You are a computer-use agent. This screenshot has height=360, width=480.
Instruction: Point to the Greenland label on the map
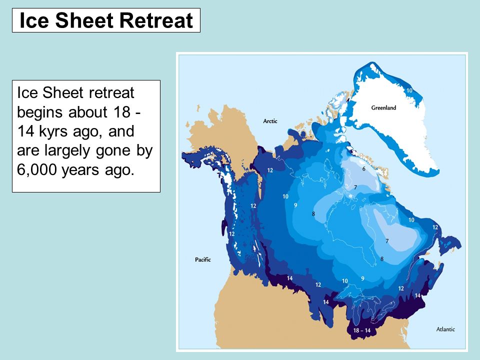(383, 107)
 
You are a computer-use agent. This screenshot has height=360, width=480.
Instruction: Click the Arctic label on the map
(270, 121)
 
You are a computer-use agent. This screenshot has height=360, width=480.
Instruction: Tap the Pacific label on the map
(202, 259)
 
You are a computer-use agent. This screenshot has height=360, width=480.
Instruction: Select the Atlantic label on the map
(445, 329)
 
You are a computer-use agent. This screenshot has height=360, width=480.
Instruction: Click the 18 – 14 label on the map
(361, 331)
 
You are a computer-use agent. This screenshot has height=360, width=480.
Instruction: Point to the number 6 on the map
(363, 169)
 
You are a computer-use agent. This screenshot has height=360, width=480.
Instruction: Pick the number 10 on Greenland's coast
(408, 90)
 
